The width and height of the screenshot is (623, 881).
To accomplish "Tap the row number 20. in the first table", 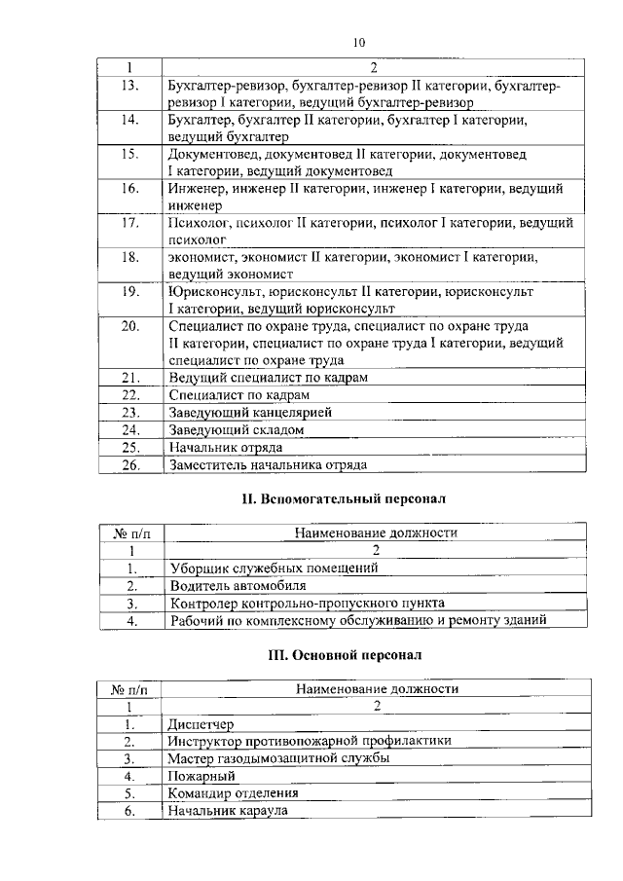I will tap(129, 326).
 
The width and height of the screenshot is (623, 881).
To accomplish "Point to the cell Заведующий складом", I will tap(237, 429).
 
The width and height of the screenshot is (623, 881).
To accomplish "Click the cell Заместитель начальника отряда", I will tap(267, 464).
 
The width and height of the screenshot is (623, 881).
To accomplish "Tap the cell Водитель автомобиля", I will tap(237, 586).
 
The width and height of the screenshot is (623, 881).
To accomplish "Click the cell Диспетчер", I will tap(201, 724).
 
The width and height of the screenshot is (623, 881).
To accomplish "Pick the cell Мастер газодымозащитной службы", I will tap(279, 758).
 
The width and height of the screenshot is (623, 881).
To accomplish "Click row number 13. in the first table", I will tap(129, 87).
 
